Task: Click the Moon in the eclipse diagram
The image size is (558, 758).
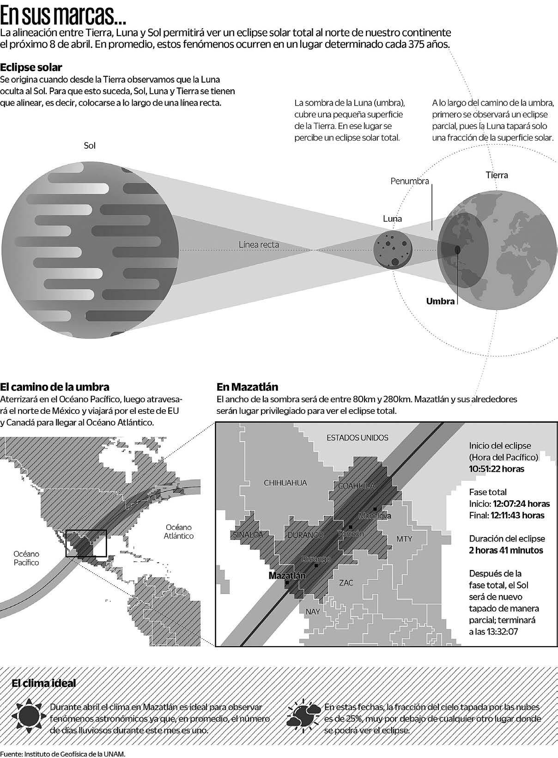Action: coord(392,249)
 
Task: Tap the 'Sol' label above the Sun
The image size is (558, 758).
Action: coord(90,146)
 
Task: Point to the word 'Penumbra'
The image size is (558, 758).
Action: coord(410,181)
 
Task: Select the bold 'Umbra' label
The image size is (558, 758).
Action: coord(440,301)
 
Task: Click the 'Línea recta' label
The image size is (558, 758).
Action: coord(259,244)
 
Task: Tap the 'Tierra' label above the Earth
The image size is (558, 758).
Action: coord(497,175)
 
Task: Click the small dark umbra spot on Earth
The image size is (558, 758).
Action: coord(457,249)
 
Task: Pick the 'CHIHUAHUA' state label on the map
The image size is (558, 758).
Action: coord(285,483)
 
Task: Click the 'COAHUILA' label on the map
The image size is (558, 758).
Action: coord(357,486)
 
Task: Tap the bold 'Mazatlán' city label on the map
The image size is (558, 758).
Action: coord(287,576)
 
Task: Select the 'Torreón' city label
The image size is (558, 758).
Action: coord(351,533)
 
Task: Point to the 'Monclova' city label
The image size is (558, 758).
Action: coord(375,515)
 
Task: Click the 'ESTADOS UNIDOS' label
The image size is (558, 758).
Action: coord(358,437)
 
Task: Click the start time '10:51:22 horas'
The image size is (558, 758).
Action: coord(497,469)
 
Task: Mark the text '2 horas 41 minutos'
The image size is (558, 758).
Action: coord(506,550)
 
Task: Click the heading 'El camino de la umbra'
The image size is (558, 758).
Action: coord(55,387)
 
